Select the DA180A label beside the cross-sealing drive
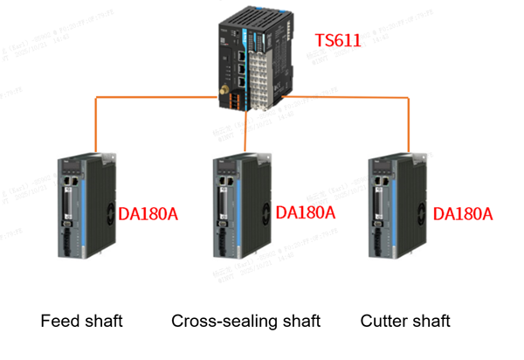tap(305, 212)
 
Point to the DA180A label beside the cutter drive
tap(464, 214)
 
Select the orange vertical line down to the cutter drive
tap(407, 127)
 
